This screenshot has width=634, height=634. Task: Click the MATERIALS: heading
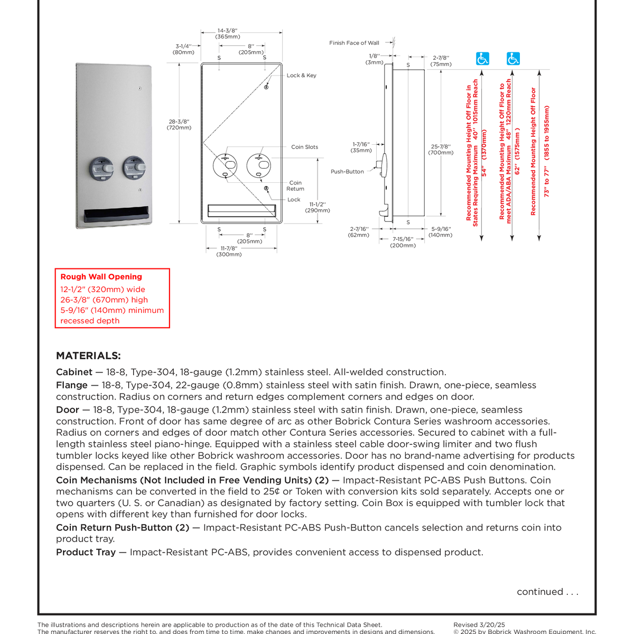88,356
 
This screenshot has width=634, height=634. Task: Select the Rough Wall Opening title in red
101,276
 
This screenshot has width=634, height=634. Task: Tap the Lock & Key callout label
301,76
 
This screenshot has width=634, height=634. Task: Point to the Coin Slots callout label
304,147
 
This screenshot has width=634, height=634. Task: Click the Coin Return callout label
295,185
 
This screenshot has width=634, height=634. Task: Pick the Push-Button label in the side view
347,172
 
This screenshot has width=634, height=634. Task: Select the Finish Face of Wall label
354,43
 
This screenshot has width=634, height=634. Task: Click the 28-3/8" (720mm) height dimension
179,124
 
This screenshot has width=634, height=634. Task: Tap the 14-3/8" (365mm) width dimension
228,34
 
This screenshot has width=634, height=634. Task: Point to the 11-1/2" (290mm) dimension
318,207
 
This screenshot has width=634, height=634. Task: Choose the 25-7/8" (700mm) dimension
441,150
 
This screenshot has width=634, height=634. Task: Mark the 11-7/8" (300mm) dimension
229,251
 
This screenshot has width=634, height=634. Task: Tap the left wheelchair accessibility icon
482,59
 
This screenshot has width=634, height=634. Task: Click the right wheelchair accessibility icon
513,59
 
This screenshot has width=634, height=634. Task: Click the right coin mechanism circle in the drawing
259,165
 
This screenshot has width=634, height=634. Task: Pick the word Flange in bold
71,385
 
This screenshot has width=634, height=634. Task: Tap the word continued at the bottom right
540,592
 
